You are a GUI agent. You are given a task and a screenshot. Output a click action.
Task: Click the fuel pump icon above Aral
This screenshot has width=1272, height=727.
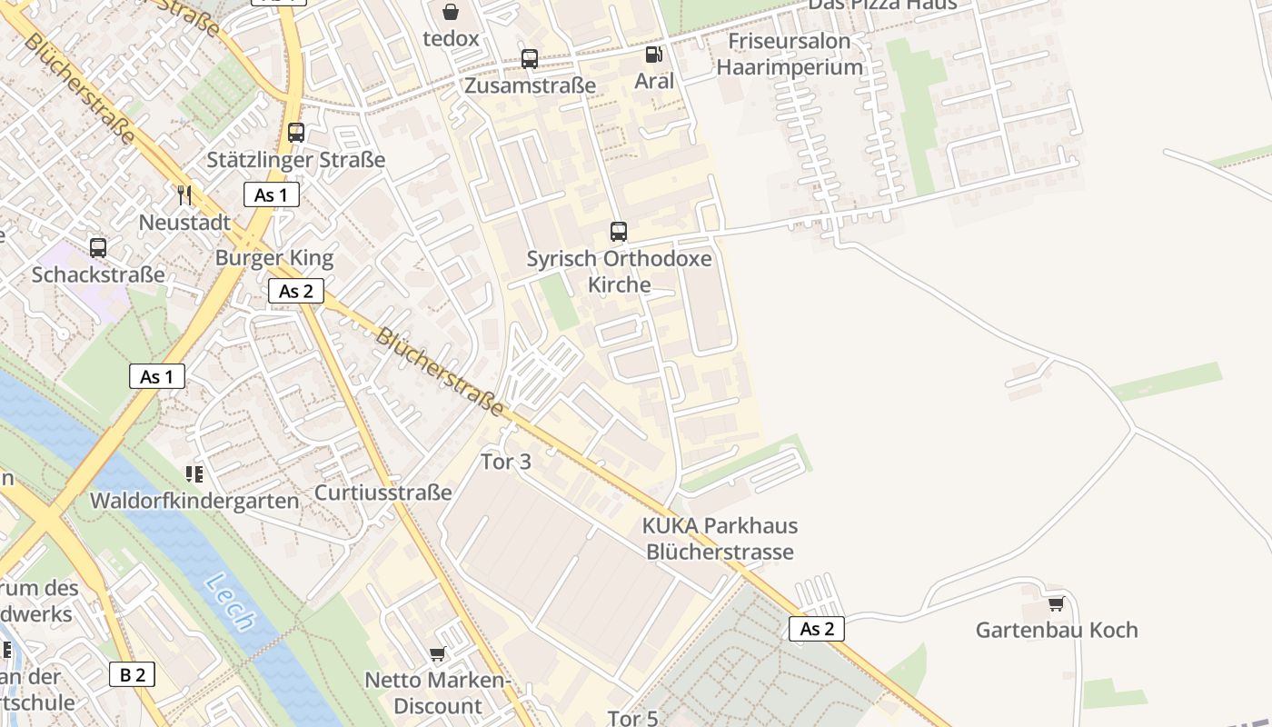[653, 55]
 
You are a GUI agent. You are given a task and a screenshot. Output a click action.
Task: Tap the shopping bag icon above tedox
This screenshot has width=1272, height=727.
[450, 12]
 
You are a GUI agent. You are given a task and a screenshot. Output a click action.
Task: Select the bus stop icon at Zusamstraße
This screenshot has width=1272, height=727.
[530, 59]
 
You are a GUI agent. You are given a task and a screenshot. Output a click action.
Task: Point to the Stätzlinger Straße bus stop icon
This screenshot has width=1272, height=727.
[296, 133]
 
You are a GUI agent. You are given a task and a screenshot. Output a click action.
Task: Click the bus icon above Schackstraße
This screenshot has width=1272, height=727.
[98, 247]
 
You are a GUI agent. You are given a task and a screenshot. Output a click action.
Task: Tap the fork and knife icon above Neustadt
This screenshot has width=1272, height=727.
[184, 194]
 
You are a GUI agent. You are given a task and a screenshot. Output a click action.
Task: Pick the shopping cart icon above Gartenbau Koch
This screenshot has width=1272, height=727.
[1056, 603]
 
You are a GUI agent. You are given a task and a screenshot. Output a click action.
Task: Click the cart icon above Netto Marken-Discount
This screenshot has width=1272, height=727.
[437, 653]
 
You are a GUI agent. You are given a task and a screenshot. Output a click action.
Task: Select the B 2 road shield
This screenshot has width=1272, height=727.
[133, 674]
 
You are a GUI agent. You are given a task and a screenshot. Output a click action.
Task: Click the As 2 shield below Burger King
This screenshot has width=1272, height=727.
[296, 291]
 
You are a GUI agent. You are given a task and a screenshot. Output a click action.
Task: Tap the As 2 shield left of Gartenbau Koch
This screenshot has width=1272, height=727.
[816, 629]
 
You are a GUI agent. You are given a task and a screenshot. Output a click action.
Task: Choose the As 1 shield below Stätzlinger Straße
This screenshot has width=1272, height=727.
[271, 194]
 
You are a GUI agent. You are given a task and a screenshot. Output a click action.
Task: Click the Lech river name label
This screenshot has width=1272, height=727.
[229, 602]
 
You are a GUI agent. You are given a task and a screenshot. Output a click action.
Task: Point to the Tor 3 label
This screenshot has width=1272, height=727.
[506, 462]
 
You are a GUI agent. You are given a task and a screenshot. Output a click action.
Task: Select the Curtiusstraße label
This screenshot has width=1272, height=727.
[383, 493]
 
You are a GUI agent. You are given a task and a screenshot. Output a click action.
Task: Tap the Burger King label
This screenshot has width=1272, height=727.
[274, 258]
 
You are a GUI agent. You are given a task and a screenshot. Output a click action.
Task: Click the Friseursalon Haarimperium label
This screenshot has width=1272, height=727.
[790, 55]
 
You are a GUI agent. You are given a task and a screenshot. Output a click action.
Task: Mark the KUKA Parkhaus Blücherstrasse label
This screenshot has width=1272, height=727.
[720, 538]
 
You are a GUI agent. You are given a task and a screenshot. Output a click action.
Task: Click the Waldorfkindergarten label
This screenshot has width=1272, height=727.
[194, 501]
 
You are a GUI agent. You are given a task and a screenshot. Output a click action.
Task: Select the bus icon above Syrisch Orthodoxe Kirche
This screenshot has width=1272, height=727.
[619, 231]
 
